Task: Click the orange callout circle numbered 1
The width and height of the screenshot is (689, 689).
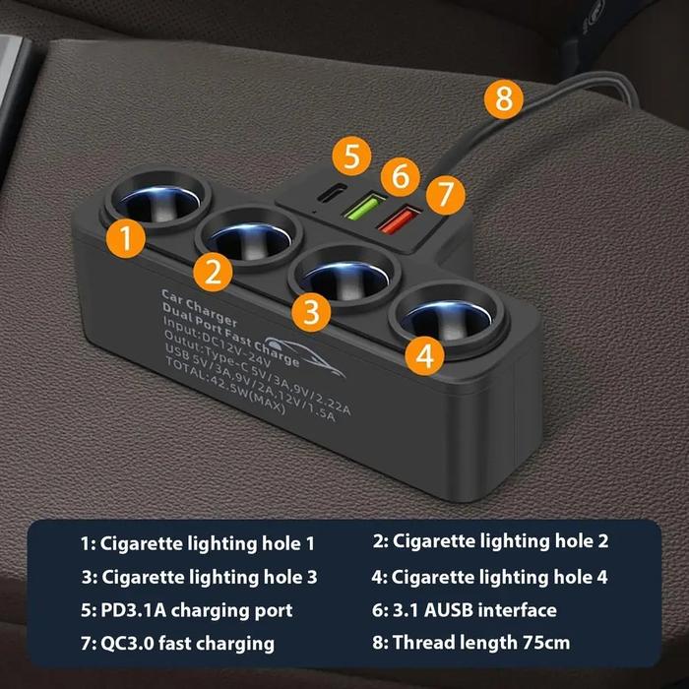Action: point(126,238)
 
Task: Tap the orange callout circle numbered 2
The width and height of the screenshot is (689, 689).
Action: point(213,272)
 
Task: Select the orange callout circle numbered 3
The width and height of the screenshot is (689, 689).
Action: point(312,312)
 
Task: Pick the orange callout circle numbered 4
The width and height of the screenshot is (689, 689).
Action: point(424,356)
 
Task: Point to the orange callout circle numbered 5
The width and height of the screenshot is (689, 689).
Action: point(351,157)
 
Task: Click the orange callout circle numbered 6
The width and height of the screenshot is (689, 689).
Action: point(401,176)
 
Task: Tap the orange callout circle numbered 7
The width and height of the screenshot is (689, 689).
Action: point(446,195)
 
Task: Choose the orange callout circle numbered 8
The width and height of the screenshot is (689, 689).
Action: point(504,98)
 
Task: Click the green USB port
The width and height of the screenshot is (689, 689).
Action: point(362,208)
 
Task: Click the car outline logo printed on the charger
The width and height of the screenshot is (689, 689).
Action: point(304,357)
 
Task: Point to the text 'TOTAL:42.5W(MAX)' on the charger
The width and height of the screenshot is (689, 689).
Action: point(225,387)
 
